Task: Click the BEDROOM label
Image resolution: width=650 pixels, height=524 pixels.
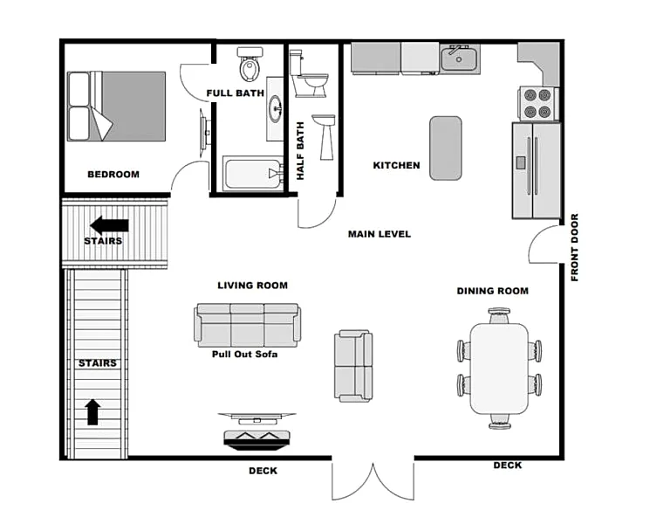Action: coord(113,175)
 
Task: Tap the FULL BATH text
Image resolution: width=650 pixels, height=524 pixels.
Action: coord(235,93)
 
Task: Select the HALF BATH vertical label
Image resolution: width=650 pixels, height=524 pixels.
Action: coord(300,150)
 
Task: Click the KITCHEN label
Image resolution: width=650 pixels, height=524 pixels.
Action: coord(396,165)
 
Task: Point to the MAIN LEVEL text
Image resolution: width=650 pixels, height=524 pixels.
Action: coord(380,234)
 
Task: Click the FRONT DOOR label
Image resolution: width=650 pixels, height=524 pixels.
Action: coord(574,247)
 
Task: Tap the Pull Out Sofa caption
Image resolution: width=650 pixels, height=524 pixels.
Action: coord(244,355)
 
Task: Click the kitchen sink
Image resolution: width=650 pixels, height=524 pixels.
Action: coord(459,59)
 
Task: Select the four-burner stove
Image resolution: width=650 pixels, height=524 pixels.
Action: coord(538,104)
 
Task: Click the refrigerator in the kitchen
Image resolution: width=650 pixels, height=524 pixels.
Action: coord(537,170)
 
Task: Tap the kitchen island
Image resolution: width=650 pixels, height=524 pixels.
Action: coord(446,148)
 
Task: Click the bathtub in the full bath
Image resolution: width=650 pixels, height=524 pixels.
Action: coord(252,174)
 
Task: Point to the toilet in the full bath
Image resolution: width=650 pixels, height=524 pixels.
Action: coord(250,64)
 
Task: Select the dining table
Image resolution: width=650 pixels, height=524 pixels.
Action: coord(500,369)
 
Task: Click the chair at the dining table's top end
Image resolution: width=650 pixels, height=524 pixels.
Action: coord(499,316)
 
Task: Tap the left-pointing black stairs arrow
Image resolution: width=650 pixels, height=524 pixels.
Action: coord(109,225)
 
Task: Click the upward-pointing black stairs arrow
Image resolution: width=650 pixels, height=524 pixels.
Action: coord(92,412)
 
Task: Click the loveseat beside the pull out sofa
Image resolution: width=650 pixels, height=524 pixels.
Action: coord(353,366)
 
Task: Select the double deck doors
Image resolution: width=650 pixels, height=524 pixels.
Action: coord(373,481)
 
